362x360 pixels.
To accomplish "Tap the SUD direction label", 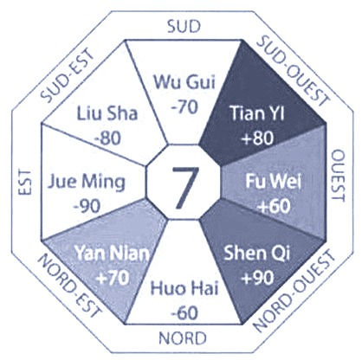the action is click(x=184, y=27).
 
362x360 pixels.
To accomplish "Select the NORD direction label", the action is click(x=183, y=338).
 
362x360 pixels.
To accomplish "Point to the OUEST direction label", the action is click(x=337, y=176).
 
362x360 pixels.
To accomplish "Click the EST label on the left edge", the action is click(x=25, y=183).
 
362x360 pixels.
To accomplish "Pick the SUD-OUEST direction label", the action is click(x=293, y=70).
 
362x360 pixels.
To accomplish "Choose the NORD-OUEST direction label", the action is click(x=294, y=292).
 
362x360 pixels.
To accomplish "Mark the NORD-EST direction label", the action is click(x=70, y=286).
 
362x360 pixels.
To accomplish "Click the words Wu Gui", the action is click(x=184, y=82).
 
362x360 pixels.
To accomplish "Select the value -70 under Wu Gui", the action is click(x=184, y=107).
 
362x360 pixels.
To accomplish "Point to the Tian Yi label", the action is click(x=257, y=112).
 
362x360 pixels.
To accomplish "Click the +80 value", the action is click(x=257, y=138).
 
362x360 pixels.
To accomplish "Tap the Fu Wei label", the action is click(x=274, y=182).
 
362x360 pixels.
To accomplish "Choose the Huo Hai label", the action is click(x=184, y=288).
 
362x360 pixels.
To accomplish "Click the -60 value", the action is click(x=184, y=313).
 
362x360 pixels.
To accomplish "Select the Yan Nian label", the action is click(x=113, y=254).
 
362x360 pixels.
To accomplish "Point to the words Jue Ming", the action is click(x=87, y=183).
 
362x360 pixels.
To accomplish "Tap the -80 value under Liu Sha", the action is click(x=107, y=138).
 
